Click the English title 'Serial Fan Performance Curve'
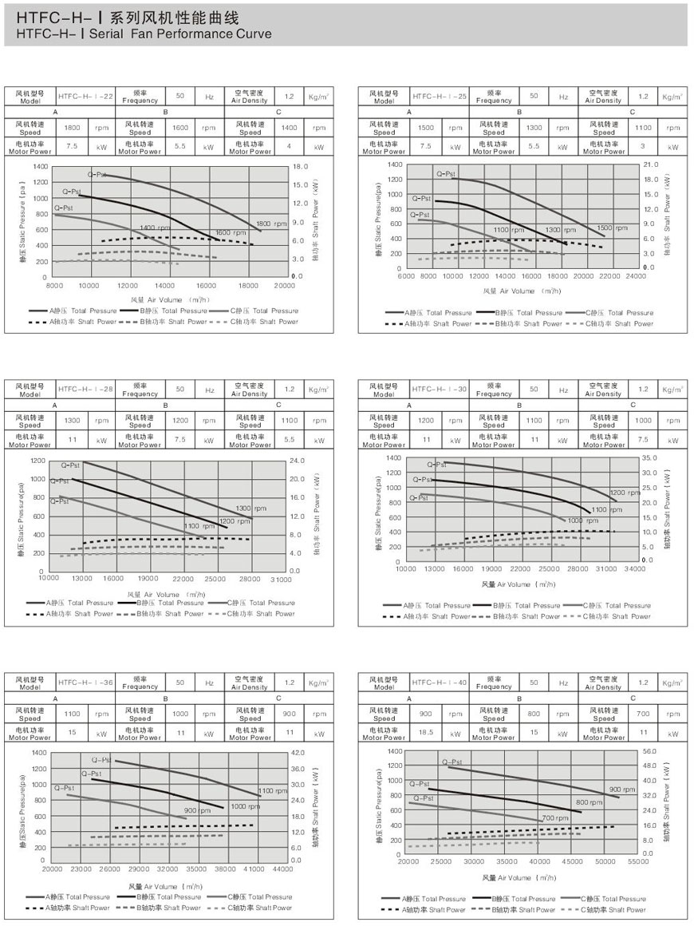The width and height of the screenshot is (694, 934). [181, 34]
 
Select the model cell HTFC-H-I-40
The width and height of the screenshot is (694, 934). [439, 683]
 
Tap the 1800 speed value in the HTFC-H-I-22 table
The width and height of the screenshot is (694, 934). [72, 128]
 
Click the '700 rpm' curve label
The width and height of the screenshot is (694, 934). [555, 818]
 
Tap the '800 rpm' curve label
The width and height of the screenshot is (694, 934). [589, 801]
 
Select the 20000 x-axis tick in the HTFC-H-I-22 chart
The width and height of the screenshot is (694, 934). [284, 285]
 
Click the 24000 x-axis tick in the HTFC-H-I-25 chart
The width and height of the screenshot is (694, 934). [636, 276]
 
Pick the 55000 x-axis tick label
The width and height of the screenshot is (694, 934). [637, 862]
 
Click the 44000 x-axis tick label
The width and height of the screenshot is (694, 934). [282, 867]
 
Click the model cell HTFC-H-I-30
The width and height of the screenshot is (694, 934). [439, 390]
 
